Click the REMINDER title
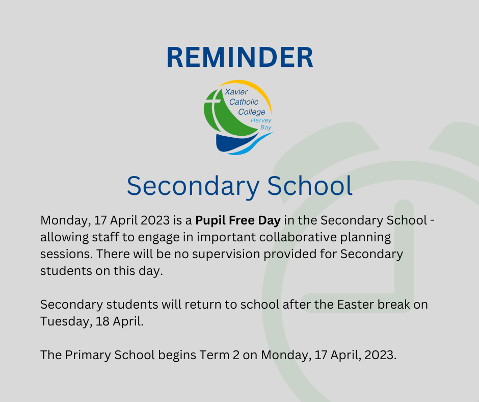(x=240, y=57)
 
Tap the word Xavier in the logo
(x=236, y=92)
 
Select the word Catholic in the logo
(x=244, y=102)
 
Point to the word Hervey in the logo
(x=261, y=120)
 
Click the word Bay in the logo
(x=266, y=127)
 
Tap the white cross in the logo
(x=214, y=106)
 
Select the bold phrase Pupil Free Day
(x=238, y=220)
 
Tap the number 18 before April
(x=102, y=321)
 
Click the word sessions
(x=67, y=254)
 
